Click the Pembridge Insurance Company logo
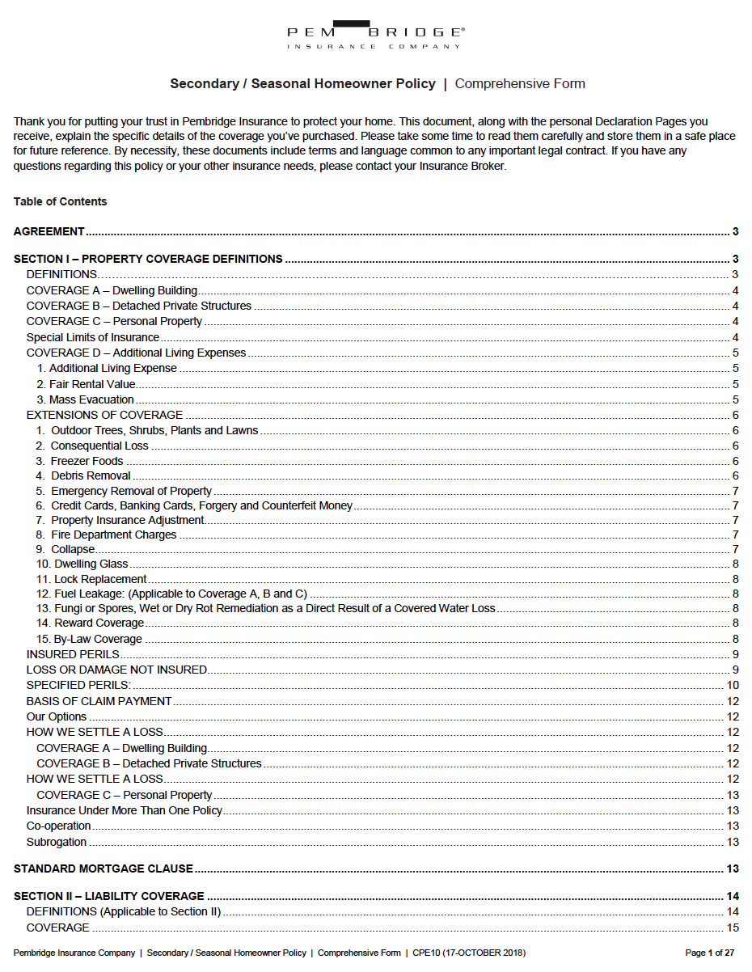click(x=376, y=35)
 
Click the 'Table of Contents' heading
click(x=60, y=201)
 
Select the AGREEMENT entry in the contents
click(x=49, y=231)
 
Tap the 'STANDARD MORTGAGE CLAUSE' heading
click(x=104, y=868)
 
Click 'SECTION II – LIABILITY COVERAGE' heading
click(x=109, y=896)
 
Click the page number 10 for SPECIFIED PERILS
click(x=733, y=686)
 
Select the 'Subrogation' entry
click(x=57, y=842)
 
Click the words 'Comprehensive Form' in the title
click(x=520, y=84)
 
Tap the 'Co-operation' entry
click(x=59, y=826)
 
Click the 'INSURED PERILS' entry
click(x=73, y=654)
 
